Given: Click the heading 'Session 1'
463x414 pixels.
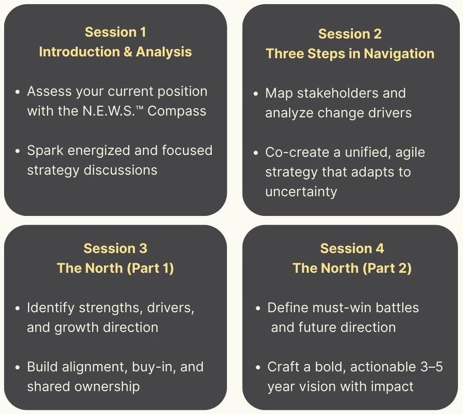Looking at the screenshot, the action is [116, 32].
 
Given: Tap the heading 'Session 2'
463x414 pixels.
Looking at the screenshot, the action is [350, 34].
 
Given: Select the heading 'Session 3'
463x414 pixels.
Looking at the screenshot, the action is [116, 248].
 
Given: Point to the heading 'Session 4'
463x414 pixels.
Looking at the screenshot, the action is [352, 248].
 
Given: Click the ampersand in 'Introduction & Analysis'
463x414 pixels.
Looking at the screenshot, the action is [128, 52].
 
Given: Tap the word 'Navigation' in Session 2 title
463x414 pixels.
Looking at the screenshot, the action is [399, 54].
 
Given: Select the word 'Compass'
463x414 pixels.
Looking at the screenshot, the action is [176, 111].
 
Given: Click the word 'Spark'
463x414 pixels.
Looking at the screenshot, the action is [45, 151].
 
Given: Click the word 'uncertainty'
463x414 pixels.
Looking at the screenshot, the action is [301, 192].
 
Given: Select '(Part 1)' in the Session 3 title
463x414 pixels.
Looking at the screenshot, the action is [150, 268].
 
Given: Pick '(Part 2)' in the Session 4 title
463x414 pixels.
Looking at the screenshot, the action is [387, 268].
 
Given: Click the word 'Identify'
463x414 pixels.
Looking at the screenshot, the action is [50, 308].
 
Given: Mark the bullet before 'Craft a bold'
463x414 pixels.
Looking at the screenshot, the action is [259, 368].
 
